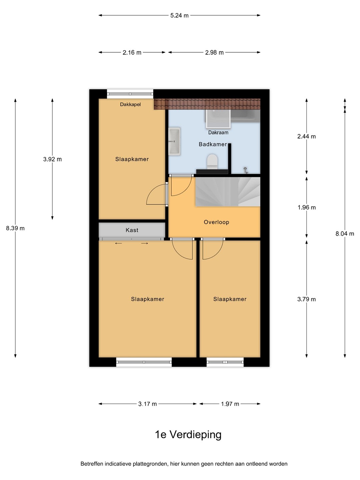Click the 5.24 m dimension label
[179, 16]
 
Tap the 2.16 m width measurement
[132, 52]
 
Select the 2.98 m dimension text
[214, 52]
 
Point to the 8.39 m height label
[15, 228]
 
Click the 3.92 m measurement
[52, 159]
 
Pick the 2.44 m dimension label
[306, 136]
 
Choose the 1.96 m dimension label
[306, 207]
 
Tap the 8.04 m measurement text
[345, 234]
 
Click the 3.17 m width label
[148, 404]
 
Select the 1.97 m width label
[230, 404]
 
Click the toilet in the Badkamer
[212, 162]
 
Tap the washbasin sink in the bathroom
[174, 141]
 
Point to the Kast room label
[132, 230]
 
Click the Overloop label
[216, 222]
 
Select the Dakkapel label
[130, 105]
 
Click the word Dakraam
[218, 133]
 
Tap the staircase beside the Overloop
[228, 192]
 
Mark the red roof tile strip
[207, 104]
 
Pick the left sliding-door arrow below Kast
[118, 243]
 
